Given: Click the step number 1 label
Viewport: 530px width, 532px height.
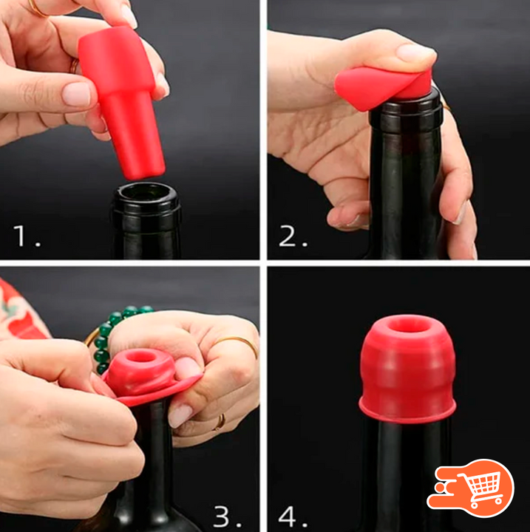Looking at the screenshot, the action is (27, 236).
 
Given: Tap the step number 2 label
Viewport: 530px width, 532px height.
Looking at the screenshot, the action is (293, 236).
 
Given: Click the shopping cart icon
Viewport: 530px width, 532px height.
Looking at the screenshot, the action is (472, 488).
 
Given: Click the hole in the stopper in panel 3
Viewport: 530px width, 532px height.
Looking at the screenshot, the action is (140, 357).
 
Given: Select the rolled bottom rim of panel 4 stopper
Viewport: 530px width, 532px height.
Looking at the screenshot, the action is (407, 411).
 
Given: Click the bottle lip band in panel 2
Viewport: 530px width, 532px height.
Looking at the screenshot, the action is (407, 109).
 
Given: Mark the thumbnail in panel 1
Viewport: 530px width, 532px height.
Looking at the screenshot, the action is (76, 93).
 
